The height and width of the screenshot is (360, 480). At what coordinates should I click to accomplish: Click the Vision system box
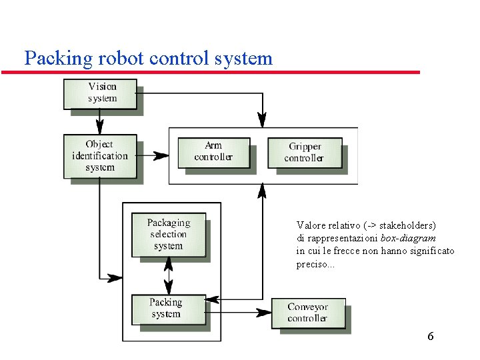pos(101,93)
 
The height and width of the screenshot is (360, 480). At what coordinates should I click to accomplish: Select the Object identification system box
pos(100,156)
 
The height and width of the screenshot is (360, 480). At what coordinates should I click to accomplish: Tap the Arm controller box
pos(213,151)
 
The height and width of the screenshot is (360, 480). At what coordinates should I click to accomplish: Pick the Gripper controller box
pos(305,152)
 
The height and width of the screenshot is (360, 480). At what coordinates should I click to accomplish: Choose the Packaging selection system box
pos(168,234)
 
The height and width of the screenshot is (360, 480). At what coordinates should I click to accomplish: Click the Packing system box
pos(167,308)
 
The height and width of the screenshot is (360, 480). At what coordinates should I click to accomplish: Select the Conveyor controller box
pos(307,313)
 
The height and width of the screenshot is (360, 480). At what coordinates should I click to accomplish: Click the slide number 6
pos(431,336)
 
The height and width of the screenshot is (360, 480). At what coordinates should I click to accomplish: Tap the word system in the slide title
pos(243,58)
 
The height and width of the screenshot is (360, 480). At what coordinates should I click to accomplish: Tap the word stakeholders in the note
pos(405,225)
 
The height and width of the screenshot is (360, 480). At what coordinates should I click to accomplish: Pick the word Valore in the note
pos(311,225)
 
